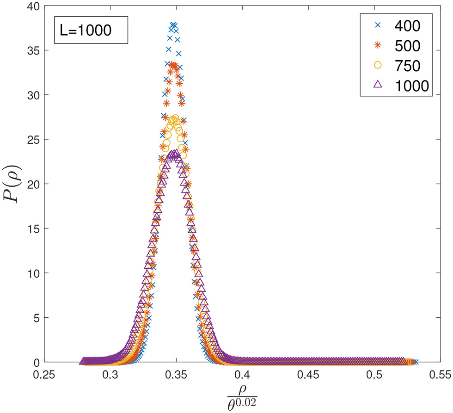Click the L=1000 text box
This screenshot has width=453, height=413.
click(91, 31)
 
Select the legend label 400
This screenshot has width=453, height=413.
click(407, 26)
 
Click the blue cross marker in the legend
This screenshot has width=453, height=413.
click(377, 26)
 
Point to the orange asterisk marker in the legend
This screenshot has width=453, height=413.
click(377, 46)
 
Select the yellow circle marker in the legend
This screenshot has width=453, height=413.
click(377, 66)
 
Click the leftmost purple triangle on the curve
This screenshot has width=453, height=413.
click(84, 361)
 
